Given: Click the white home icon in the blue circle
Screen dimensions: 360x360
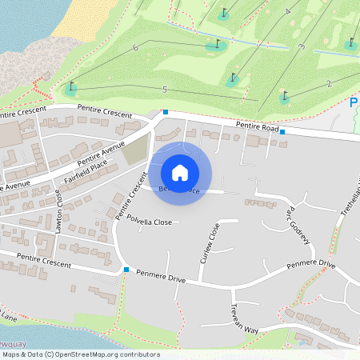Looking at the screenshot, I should (180, 173).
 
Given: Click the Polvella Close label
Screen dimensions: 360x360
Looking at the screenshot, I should (150, 222).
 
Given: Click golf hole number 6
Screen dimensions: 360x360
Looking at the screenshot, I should (136, 48).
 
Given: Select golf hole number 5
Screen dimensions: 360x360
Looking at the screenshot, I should (164, 89).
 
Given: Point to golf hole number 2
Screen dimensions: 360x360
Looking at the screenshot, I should (329, 84).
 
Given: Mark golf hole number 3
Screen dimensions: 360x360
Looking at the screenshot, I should (301, 47).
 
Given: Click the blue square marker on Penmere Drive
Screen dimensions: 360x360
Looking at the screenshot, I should (126, 270).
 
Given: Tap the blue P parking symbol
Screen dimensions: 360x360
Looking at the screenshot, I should (354, 102).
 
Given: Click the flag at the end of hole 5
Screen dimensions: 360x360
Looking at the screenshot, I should (72, 86).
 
